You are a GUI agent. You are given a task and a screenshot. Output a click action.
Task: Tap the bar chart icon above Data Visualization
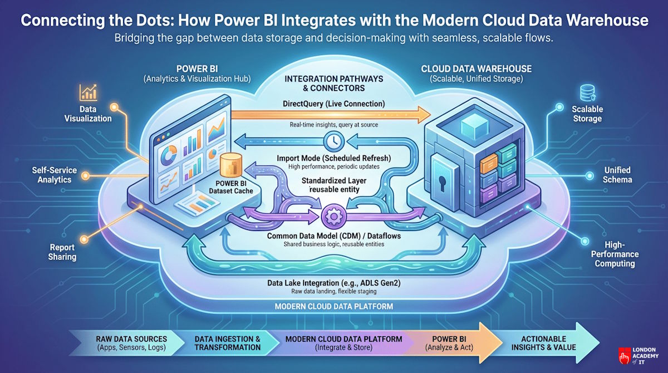tap(88, 92)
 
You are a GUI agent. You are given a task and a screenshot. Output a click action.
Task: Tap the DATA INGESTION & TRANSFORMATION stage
tap(227, 342)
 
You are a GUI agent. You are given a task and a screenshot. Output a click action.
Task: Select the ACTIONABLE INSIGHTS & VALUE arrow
tap(543, 342)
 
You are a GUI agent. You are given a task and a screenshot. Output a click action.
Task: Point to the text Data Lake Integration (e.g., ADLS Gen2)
tap(334, 283)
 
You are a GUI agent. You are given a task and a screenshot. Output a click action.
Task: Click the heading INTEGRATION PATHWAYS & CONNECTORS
tap(333, 84)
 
